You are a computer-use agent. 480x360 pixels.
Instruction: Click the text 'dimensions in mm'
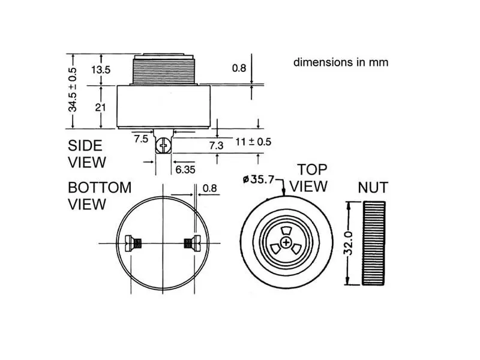[340, 62]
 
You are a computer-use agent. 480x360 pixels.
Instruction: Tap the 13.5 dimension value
[101, 70]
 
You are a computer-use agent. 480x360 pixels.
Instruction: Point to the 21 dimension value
[100, 107]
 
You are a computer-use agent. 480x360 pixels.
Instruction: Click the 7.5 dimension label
[141, 139]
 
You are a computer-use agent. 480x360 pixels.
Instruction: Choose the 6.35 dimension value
[185, 170]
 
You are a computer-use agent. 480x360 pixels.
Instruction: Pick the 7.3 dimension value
[217, 145]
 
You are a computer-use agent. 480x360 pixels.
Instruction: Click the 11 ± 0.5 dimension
[253, 142]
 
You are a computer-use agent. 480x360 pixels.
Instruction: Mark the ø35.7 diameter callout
[259, 179]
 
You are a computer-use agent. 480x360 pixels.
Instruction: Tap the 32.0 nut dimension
[347, 244]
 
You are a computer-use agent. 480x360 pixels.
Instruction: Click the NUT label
[373, 187]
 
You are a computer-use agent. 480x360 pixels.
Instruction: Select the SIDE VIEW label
[86, 154]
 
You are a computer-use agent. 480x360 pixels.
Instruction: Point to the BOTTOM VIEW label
[99, 196]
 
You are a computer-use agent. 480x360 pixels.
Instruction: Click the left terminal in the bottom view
[133, 243]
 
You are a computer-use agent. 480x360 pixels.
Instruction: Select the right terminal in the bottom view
[191, 243]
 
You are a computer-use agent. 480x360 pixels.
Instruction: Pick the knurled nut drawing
[374, 244]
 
